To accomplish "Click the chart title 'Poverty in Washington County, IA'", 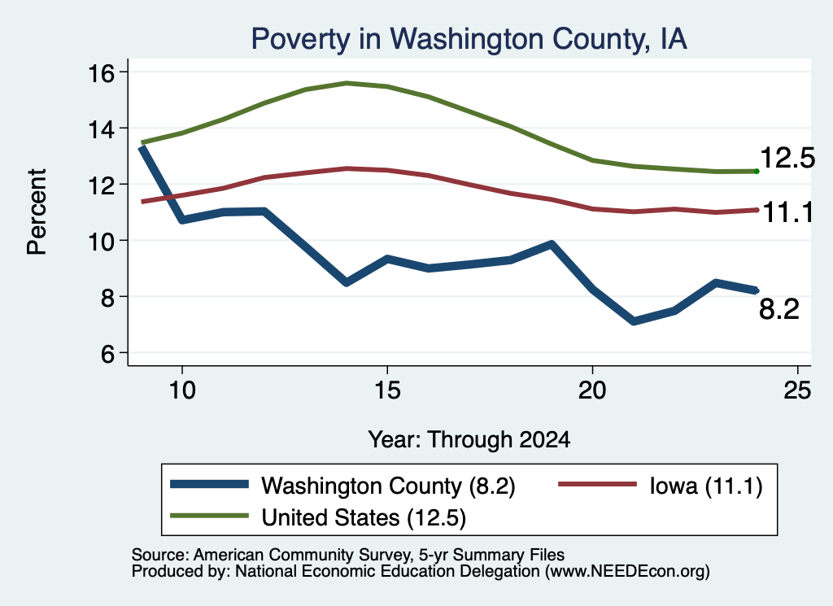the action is point(469,39).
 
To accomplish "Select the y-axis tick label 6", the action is point(107,353).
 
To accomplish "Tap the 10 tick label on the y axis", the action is point(101,241).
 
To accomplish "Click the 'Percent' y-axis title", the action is point(37,212).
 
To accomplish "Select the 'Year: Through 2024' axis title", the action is point(469,440).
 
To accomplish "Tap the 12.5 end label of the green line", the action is point(787,159).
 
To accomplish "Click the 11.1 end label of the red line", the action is point(787,212).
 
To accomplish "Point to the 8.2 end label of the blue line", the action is point(778,309).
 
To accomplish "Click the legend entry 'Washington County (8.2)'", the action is point(388,486).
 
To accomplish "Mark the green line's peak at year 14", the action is point(347,84).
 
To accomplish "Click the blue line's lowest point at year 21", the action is point(633,321).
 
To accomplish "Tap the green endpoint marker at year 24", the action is point(757,171).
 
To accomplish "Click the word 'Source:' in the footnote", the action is point(160,555).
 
